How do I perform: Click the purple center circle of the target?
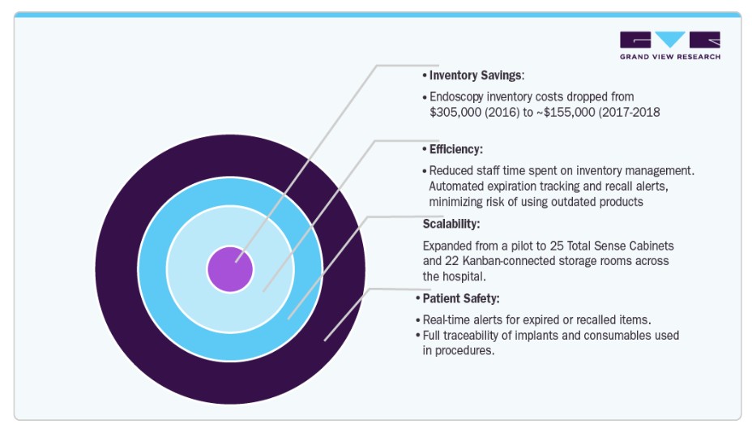230,269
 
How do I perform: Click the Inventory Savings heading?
476,75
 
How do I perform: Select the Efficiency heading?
455,149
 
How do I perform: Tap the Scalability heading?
451,224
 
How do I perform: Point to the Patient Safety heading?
461,298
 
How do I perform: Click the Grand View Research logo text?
670,57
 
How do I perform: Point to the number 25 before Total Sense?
557,246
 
